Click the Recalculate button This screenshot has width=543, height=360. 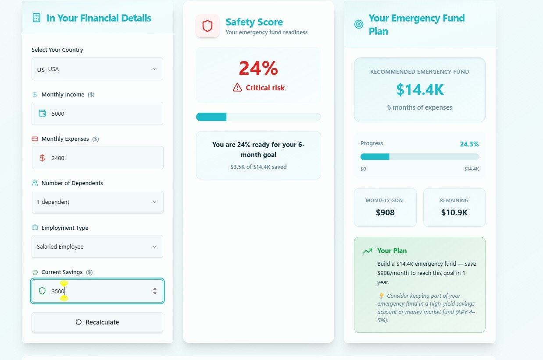point(97,322)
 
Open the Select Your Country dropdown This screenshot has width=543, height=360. point(97,69)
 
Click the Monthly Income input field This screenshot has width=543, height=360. point(97,114)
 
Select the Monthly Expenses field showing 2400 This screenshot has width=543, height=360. point(97,158)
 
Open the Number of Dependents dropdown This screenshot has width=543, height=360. point(97,202)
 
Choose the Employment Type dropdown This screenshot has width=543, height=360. point(97,247)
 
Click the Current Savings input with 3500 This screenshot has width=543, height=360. point(97,291)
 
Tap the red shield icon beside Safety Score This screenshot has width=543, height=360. point(207,26)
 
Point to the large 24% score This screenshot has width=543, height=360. point(258,68)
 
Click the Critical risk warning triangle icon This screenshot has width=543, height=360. point(237,88)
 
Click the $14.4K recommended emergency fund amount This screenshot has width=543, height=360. point(420,89)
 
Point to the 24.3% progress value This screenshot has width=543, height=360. point(469,144)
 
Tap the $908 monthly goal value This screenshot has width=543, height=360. point(385,213)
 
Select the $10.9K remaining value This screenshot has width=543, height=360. point(454,213)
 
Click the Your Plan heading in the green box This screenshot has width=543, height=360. point(392,251)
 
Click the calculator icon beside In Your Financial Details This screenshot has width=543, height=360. point(36,18)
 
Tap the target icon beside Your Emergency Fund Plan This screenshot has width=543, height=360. point(359,25)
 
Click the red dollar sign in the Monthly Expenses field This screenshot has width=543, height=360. point(42,158)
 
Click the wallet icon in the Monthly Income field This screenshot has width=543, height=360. point(43,114)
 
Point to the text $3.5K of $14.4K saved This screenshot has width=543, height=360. point(258,167)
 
